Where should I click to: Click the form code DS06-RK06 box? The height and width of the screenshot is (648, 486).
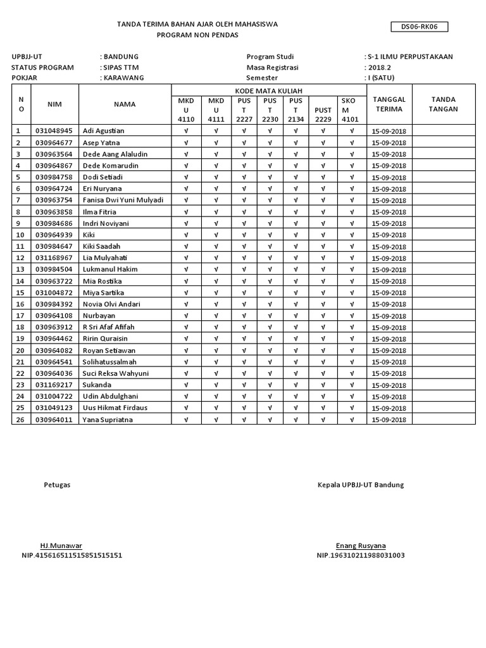coord(420,27)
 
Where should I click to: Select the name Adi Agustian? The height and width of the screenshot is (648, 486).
coord(104,131)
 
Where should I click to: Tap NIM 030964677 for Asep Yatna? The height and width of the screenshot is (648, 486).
coord(54,142)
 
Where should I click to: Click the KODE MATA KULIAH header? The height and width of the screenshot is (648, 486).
coord(269,90)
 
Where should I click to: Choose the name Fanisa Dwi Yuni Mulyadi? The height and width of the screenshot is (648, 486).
coord(123,200)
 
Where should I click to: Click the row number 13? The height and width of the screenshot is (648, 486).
coord(20,269)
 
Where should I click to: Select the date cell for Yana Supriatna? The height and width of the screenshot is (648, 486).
coord(389,420)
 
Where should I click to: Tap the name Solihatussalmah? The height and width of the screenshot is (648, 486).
coord(110,361)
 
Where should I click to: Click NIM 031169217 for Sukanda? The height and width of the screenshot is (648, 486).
coord(54,385)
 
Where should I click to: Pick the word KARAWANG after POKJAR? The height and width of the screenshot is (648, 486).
coord(122,78)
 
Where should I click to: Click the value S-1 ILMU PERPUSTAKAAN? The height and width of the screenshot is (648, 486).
coord(410,56)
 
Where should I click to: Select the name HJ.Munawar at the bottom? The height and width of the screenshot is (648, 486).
coord(61,545)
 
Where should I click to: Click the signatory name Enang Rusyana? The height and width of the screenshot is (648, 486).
coord(361,545)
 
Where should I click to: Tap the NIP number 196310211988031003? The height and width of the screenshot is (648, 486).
coord(361,556)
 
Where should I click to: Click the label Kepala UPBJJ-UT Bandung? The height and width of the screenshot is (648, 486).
coord(361,485)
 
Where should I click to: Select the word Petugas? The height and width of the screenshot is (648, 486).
coord(57,485)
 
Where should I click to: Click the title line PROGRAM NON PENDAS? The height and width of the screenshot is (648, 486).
coord(197,35)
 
